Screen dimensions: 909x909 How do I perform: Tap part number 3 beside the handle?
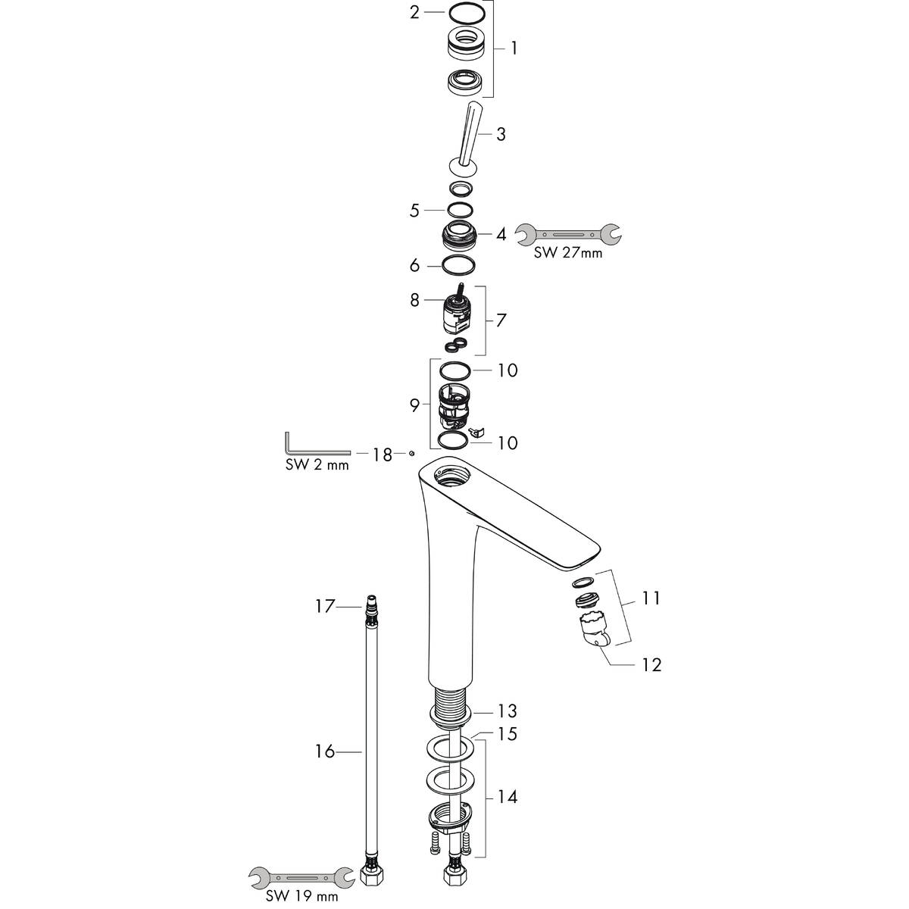(x=501, y=135)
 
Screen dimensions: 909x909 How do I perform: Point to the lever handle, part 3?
(x=467, y=136)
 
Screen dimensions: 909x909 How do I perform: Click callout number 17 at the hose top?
(x=324, y=606)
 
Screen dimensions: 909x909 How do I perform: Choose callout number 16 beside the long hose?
(x=324, y=751)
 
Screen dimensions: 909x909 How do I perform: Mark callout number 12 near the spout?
(x=651, y=665)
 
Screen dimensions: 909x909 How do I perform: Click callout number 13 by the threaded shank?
(x=507, y=711)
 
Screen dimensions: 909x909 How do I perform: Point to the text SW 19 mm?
(x=301, y=897)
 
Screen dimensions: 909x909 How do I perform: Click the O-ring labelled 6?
(x=459, y=266)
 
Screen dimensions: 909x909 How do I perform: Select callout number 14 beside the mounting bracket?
(x=507, y=797)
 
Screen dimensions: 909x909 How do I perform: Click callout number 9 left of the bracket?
(x=414, y=406)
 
